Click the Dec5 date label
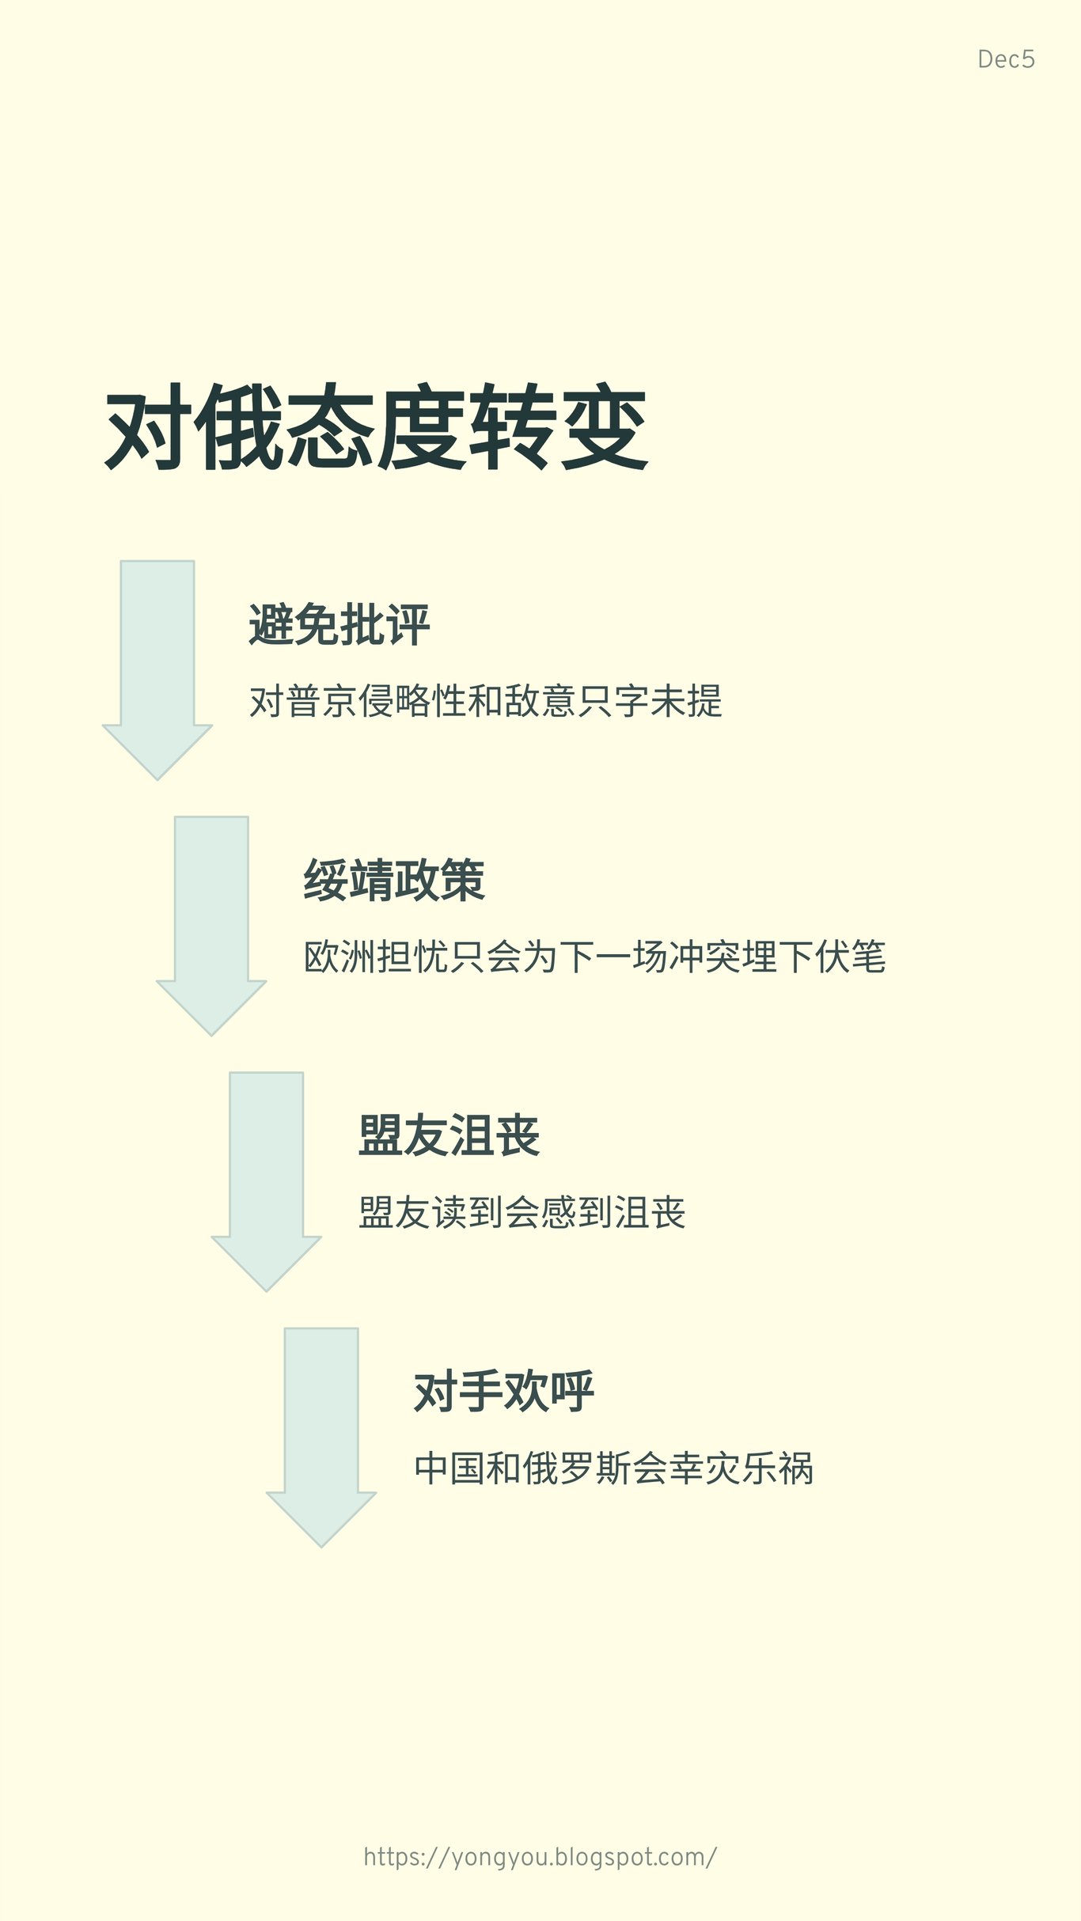1006,59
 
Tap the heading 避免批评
339,625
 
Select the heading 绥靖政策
394,881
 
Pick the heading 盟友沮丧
449,1136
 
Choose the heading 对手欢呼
504,1392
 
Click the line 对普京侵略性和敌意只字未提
486,702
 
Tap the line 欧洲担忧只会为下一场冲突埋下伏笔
595,957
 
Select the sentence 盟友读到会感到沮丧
522,1213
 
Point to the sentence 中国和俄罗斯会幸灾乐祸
614,1468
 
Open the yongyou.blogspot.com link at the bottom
540,1857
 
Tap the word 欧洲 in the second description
340,957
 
